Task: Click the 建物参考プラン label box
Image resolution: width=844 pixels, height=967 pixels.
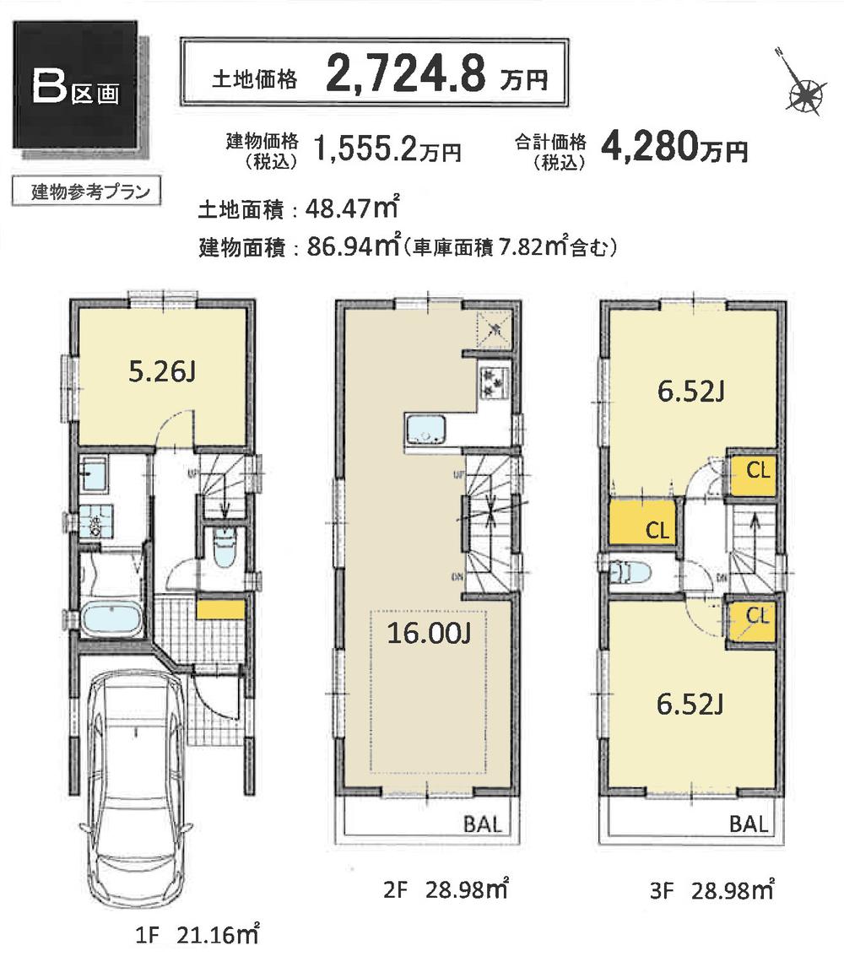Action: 82,192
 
